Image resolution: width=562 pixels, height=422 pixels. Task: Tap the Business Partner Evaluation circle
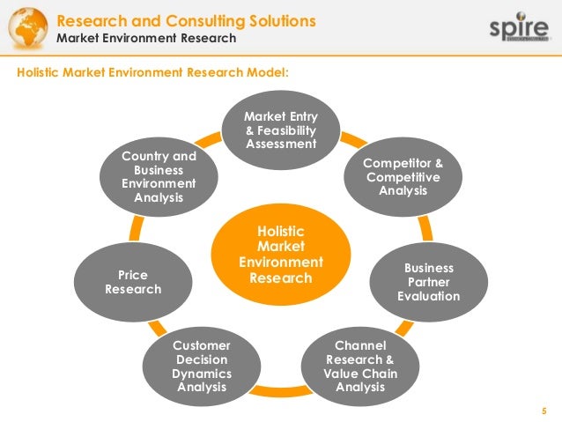[x=428, y=281]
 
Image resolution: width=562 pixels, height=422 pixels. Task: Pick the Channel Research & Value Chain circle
[x=361, y=360]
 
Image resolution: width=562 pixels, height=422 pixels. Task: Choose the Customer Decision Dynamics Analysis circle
[x=201, y=365]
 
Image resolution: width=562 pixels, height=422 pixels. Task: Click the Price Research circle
[x=133, y=281]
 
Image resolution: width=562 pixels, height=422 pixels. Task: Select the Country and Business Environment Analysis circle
[x=159, y=177]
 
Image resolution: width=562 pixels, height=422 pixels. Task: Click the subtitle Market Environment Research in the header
[x=146, y=38]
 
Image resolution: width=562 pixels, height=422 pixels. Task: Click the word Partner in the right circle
[x=428, y=282]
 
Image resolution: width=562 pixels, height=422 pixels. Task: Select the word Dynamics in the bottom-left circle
[x=201, y=373]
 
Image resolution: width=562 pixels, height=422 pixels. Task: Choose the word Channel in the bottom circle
[x=361, y=345]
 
